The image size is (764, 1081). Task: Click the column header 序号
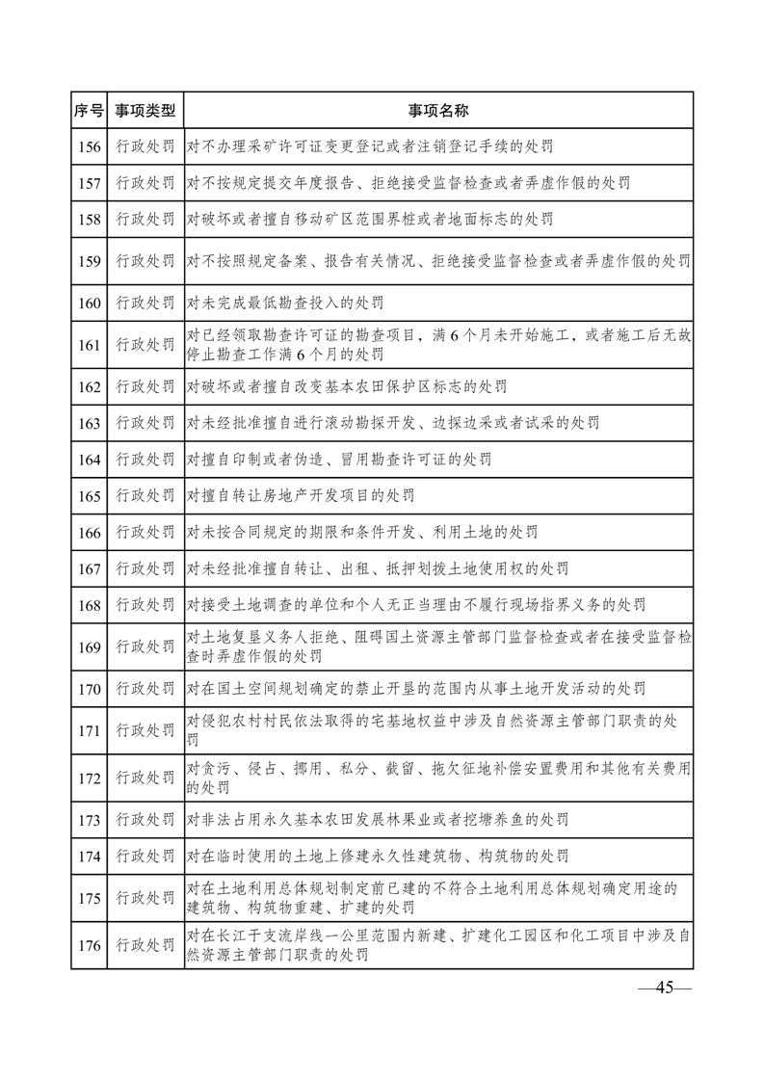[90, 111]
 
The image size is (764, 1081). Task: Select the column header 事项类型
[145, 111]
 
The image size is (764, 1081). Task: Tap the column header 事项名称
[438, 111]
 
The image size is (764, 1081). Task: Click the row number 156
[90, 147]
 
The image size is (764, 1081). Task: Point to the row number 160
[90, 303]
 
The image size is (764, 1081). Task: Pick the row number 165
[90, 495]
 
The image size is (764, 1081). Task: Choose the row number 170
[90, 688]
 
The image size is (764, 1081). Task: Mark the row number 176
[90, 945]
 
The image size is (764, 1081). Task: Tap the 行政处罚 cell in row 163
[145, 423]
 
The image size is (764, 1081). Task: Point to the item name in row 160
[286, 303]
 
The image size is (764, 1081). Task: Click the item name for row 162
[348, 387]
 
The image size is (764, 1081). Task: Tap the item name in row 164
[340, 460]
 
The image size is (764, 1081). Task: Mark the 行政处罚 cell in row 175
[145, 898]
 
